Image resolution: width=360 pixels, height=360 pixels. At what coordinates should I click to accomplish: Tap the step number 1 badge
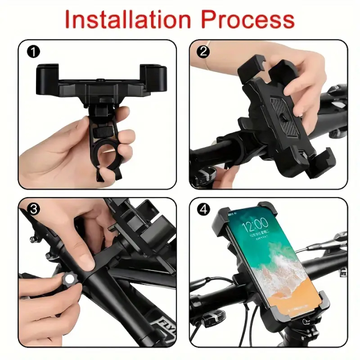click(33, 51)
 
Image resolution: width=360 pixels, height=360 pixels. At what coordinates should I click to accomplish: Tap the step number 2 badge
click(204, 51)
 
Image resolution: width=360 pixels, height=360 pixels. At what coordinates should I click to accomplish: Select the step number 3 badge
click(34, 209)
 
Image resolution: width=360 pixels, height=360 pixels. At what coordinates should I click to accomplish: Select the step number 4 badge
click(204, 209)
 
